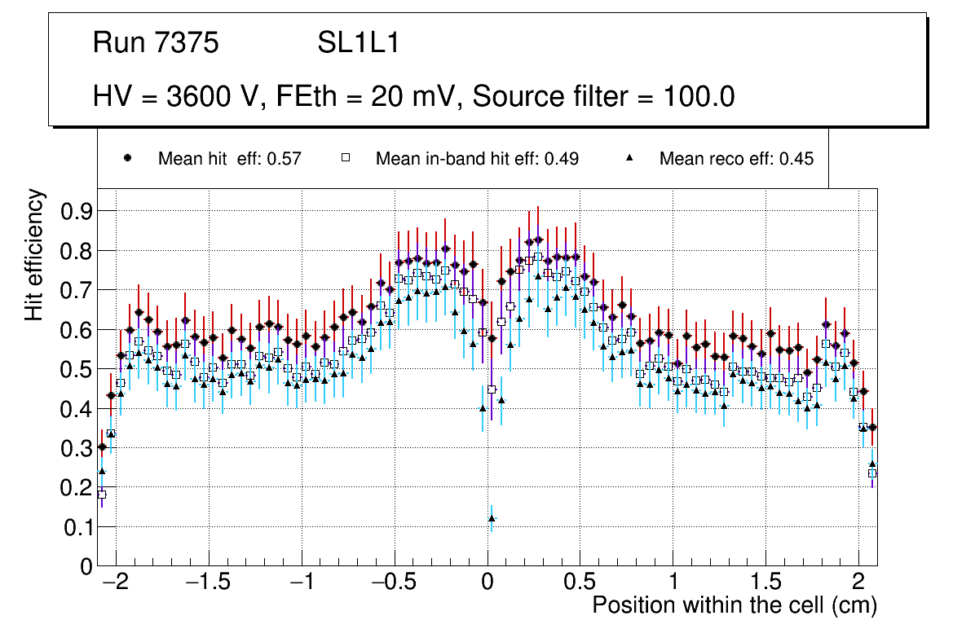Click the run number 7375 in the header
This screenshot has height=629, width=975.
click(x=188, y=43)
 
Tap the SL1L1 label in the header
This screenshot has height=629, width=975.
click(x=359, y=43)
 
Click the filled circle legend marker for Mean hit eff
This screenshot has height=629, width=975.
click(x=126, y=158)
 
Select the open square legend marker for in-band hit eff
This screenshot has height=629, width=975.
click(x=345, y=158)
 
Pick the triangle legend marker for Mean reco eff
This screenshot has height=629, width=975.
click(x=629, y=158)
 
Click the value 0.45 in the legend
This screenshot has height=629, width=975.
click(x=796, y=159)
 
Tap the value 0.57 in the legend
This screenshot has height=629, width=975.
click(x=285, y=159)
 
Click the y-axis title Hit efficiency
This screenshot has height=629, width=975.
click(x=34, y=254)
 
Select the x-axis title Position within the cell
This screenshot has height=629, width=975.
click(x=734, y=605)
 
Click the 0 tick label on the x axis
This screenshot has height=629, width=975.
click(x=487, y=583)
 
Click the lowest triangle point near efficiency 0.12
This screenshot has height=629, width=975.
click(x=492, y=518)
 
